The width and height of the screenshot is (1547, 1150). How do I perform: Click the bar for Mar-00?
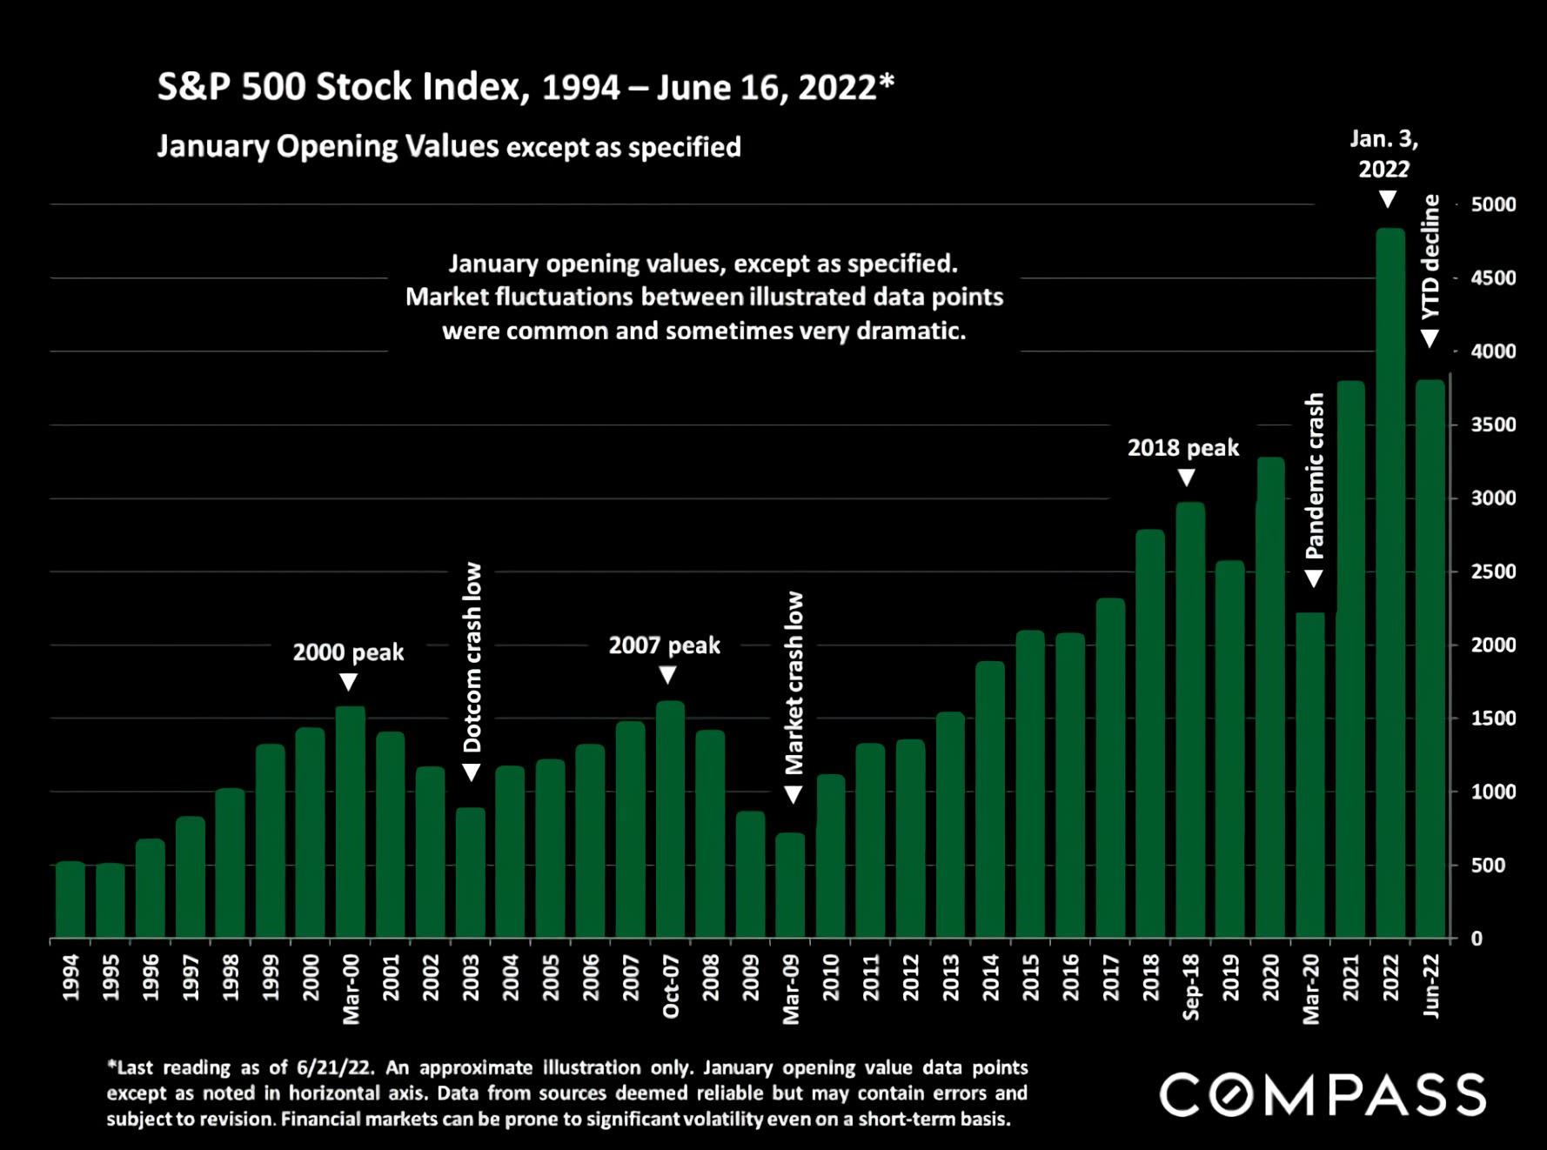[351, 822]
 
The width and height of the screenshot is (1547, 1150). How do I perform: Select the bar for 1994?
[70, 899]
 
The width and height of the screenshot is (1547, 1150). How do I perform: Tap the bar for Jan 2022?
[1390, 583]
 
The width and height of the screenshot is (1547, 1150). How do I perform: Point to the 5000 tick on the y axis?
[1493, 204]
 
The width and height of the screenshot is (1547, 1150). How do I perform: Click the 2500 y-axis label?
[1493, 572]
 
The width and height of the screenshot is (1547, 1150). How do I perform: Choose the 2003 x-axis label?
[471, 977]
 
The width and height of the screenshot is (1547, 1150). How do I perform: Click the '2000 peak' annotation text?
[348, 652]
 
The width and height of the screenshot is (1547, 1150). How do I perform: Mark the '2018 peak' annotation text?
[1183, 448]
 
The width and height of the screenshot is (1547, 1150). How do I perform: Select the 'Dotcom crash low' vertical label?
[472, 657]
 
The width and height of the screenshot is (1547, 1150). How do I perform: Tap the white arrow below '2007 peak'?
[667, 675]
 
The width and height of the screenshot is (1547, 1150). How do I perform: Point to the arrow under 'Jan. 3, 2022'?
[1388, 199]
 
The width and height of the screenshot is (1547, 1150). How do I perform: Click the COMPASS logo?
[1323, 1094]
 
